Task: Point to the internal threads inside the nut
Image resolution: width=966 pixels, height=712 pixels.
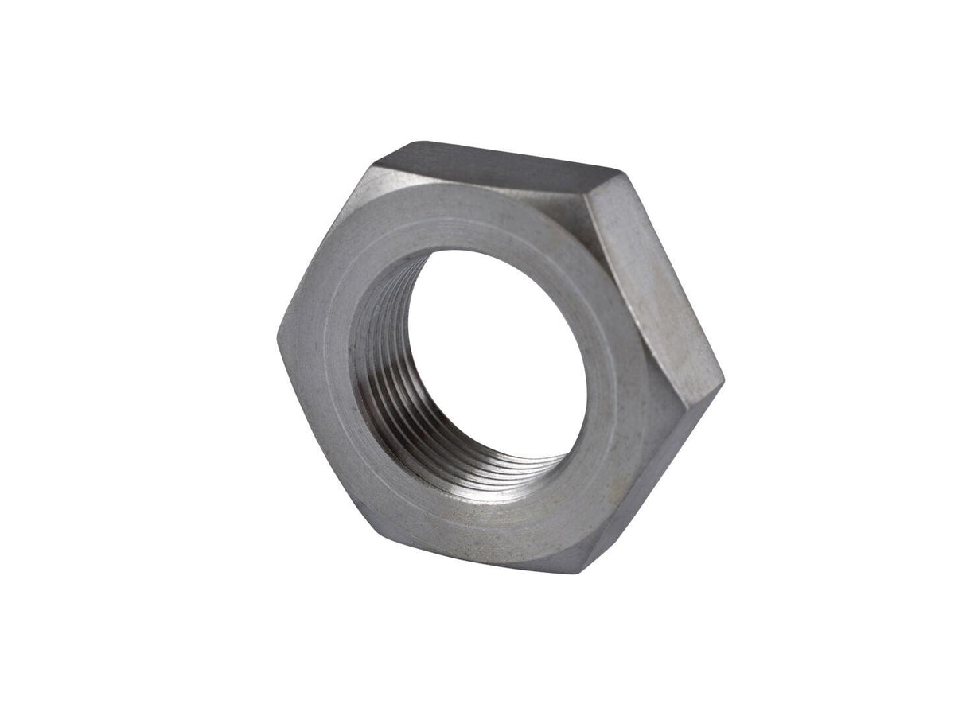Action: (x=382, y=374)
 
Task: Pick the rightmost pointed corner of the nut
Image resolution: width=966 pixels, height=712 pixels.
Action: (x=723, y=380)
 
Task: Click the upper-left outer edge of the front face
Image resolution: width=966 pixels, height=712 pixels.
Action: (x=322, y=251)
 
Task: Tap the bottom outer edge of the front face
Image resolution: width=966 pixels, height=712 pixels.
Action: (x=477, y=553)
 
